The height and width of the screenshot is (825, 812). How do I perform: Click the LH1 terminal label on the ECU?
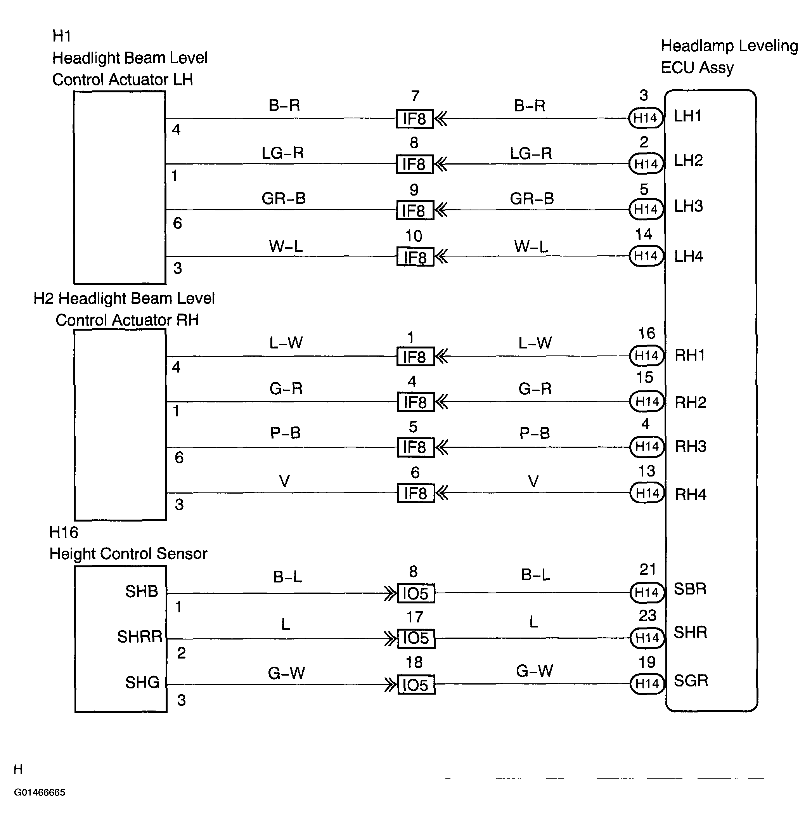coord(687,116)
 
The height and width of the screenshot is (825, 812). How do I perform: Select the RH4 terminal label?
coord(691,494)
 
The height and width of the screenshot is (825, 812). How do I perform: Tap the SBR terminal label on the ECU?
coord(690,589)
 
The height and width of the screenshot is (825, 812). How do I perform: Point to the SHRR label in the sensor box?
coord(139,637)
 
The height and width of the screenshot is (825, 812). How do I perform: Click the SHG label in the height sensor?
coord(142,683)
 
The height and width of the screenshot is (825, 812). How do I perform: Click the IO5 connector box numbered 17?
coord(416,639)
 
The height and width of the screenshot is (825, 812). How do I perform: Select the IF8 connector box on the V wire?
coord(416,493)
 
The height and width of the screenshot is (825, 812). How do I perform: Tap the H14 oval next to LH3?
coord(646,209)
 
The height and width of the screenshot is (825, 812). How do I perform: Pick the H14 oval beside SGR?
coord(647,684)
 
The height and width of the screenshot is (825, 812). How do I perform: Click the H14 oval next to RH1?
coord(646,355)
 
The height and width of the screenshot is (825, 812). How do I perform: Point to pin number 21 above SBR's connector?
coord(648,570)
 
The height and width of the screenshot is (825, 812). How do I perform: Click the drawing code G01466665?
coord(39,792)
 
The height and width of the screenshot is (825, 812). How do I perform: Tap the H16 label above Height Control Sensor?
coord(64,532)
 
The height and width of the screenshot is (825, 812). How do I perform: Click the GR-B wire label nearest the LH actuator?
coord(284,198)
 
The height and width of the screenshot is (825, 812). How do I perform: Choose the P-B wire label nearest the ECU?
coord(534,433)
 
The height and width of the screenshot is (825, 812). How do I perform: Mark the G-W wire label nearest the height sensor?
coord(286,673)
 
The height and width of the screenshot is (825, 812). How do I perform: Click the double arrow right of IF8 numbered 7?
coord(441,119)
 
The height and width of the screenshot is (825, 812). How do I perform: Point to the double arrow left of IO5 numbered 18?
coord(390,685)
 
